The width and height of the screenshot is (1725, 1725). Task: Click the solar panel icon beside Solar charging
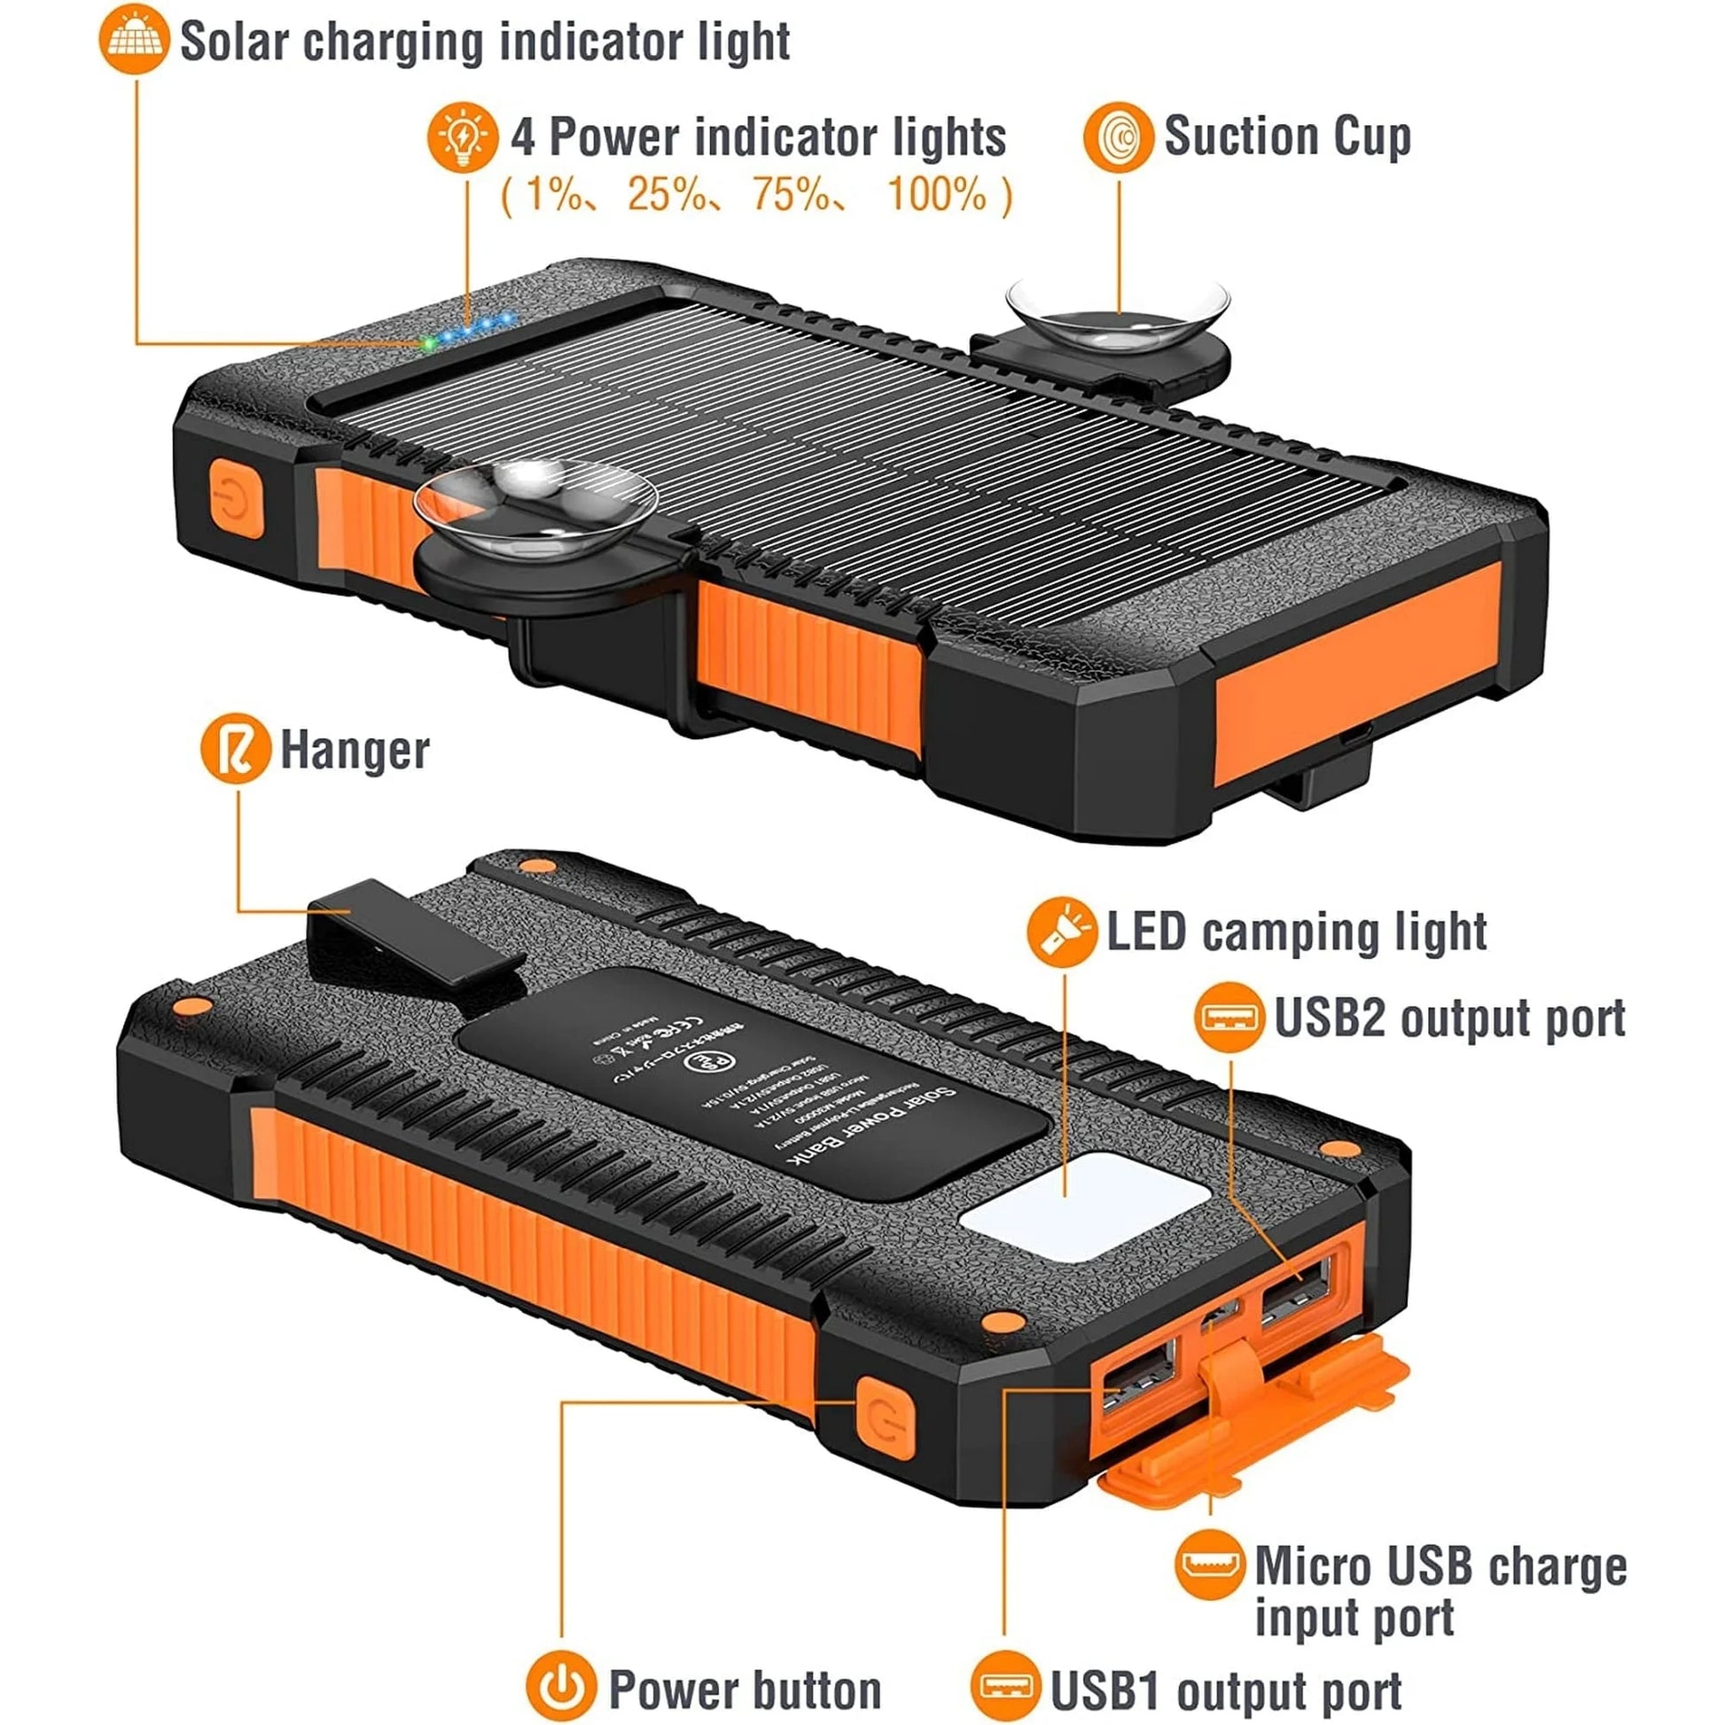tap(134, 38)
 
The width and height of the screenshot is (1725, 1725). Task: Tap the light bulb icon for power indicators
tap(463, 137)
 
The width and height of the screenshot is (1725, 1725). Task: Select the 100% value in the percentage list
tap(937, 194)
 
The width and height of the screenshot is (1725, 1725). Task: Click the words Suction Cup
tap(1286, 137)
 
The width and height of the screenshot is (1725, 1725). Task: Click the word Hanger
tap(355, 750)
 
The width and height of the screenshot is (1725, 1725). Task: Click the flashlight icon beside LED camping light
tap(1062, 933)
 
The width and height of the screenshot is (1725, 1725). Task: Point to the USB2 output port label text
tap(1449, 1018)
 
